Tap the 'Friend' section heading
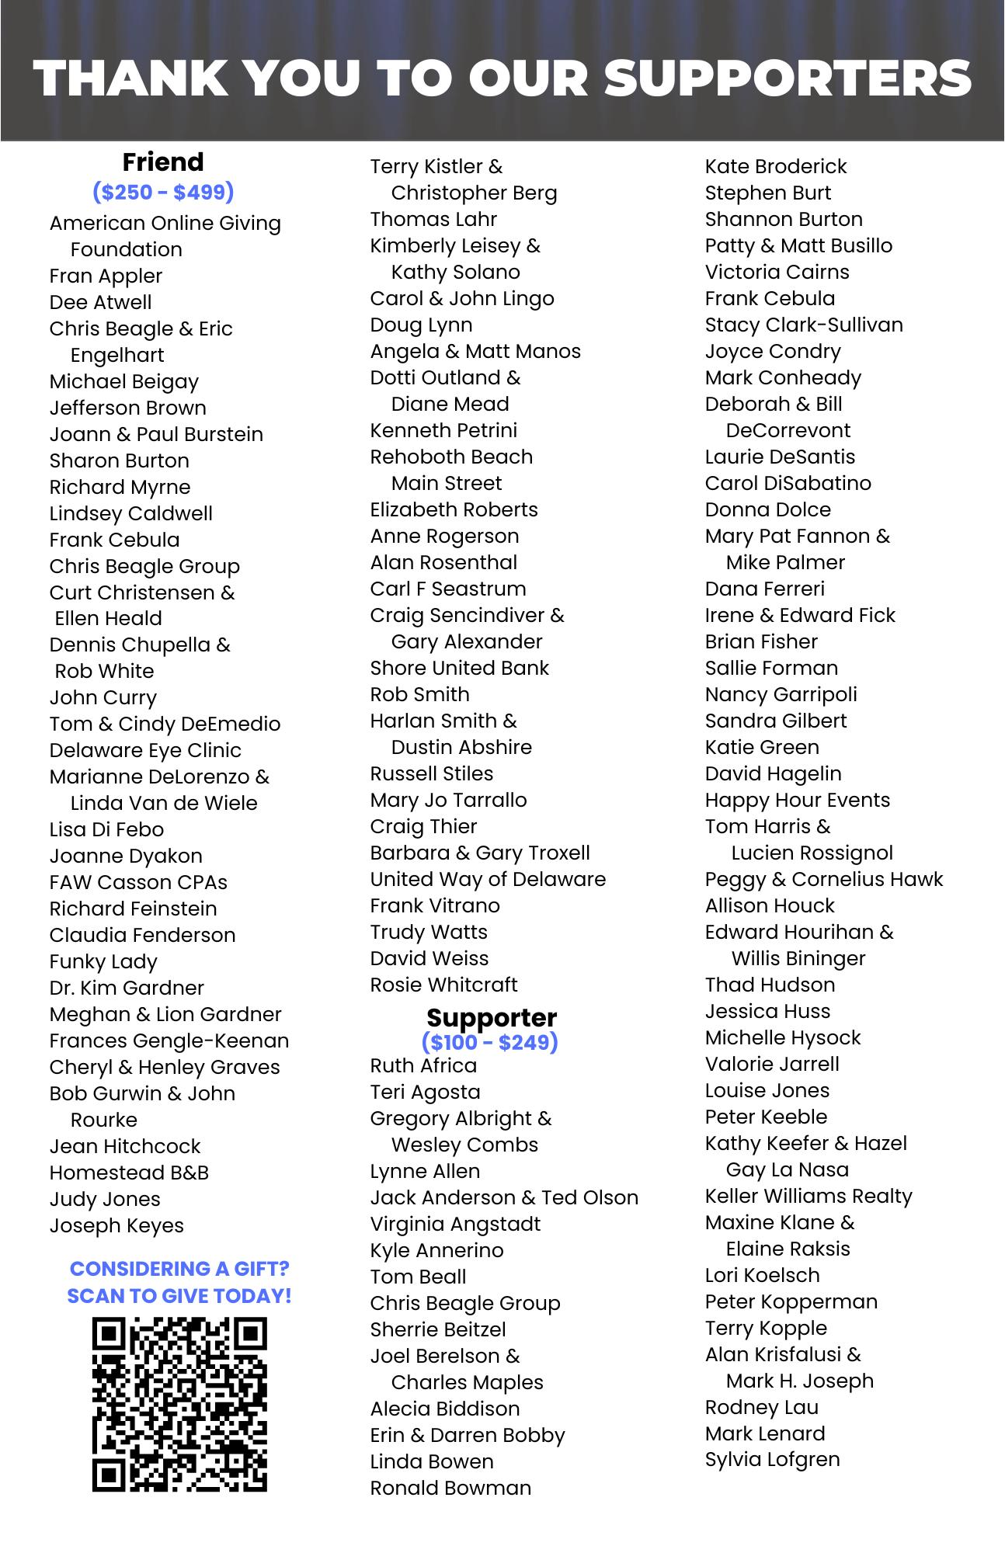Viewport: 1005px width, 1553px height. (163, 162)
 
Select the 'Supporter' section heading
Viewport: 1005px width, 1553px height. (492, 1017)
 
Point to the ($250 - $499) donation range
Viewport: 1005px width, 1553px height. (163, 191)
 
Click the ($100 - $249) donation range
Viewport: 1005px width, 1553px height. (490, 1041)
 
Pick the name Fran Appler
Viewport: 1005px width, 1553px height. (106, 276)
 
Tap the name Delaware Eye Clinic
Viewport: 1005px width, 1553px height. (145, 750)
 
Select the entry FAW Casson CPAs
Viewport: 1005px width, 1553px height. (138, 882)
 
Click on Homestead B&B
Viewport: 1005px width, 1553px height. (129, 1173)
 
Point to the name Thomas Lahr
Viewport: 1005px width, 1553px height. (433, 219)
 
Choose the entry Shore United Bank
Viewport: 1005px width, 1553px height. (459, 668)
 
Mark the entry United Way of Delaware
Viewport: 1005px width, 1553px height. (488, 879)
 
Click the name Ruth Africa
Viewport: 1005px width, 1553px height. (423, 1065)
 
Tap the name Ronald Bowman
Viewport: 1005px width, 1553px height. (450, 1488)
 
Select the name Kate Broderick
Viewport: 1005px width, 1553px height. (776, 166)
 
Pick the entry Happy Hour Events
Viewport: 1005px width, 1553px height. (797, 800)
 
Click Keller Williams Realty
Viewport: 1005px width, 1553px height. (809, 1196)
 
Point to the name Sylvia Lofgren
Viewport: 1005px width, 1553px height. (772, 1460)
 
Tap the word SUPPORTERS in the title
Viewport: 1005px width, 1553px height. (788, 78)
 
